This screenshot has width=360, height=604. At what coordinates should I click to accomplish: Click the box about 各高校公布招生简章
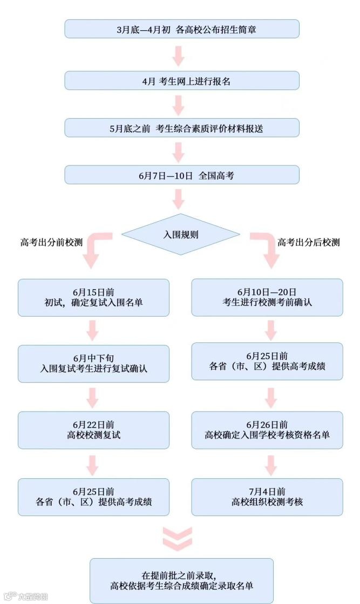(182, 29)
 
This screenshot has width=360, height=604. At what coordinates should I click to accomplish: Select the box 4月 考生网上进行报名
(182, 80)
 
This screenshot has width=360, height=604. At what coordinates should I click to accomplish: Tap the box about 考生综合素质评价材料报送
(182, 128)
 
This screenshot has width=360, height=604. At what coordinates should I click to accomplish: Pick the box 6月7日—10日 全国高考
(182, 175)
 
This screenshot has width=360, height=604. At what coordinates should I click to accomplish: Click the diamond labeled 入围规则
(181, 235)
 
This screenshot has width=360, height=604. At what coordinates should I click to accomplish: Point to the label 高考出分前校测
(52, 242)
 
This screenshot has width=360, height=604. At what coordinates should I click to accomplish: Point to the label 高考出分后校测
(309, 242)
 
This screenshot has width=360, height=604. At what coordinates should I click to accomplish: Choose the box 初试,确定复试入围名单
(93, 297)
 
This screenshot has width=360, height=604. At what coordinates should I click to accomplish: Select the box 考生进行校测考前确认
(267, 297)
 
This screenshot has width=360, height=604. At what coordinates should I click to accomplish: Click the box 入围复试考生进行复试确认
(93, 363)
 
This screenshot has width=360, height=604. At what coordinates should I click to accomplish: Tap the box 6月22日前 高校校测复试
(93, 430)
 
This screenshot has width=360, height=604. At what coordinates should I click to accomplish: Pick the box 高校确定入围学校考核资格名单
(267, 430)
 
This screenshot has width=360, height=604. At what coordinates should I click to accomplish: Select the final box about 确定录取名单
(181, 580)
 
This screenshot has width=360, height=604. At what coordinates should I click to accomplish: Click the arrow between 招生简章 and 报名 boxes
(178, 55)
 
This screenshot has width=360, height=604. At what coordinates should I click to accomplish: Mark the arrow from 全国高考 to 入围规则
(178, 200)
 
